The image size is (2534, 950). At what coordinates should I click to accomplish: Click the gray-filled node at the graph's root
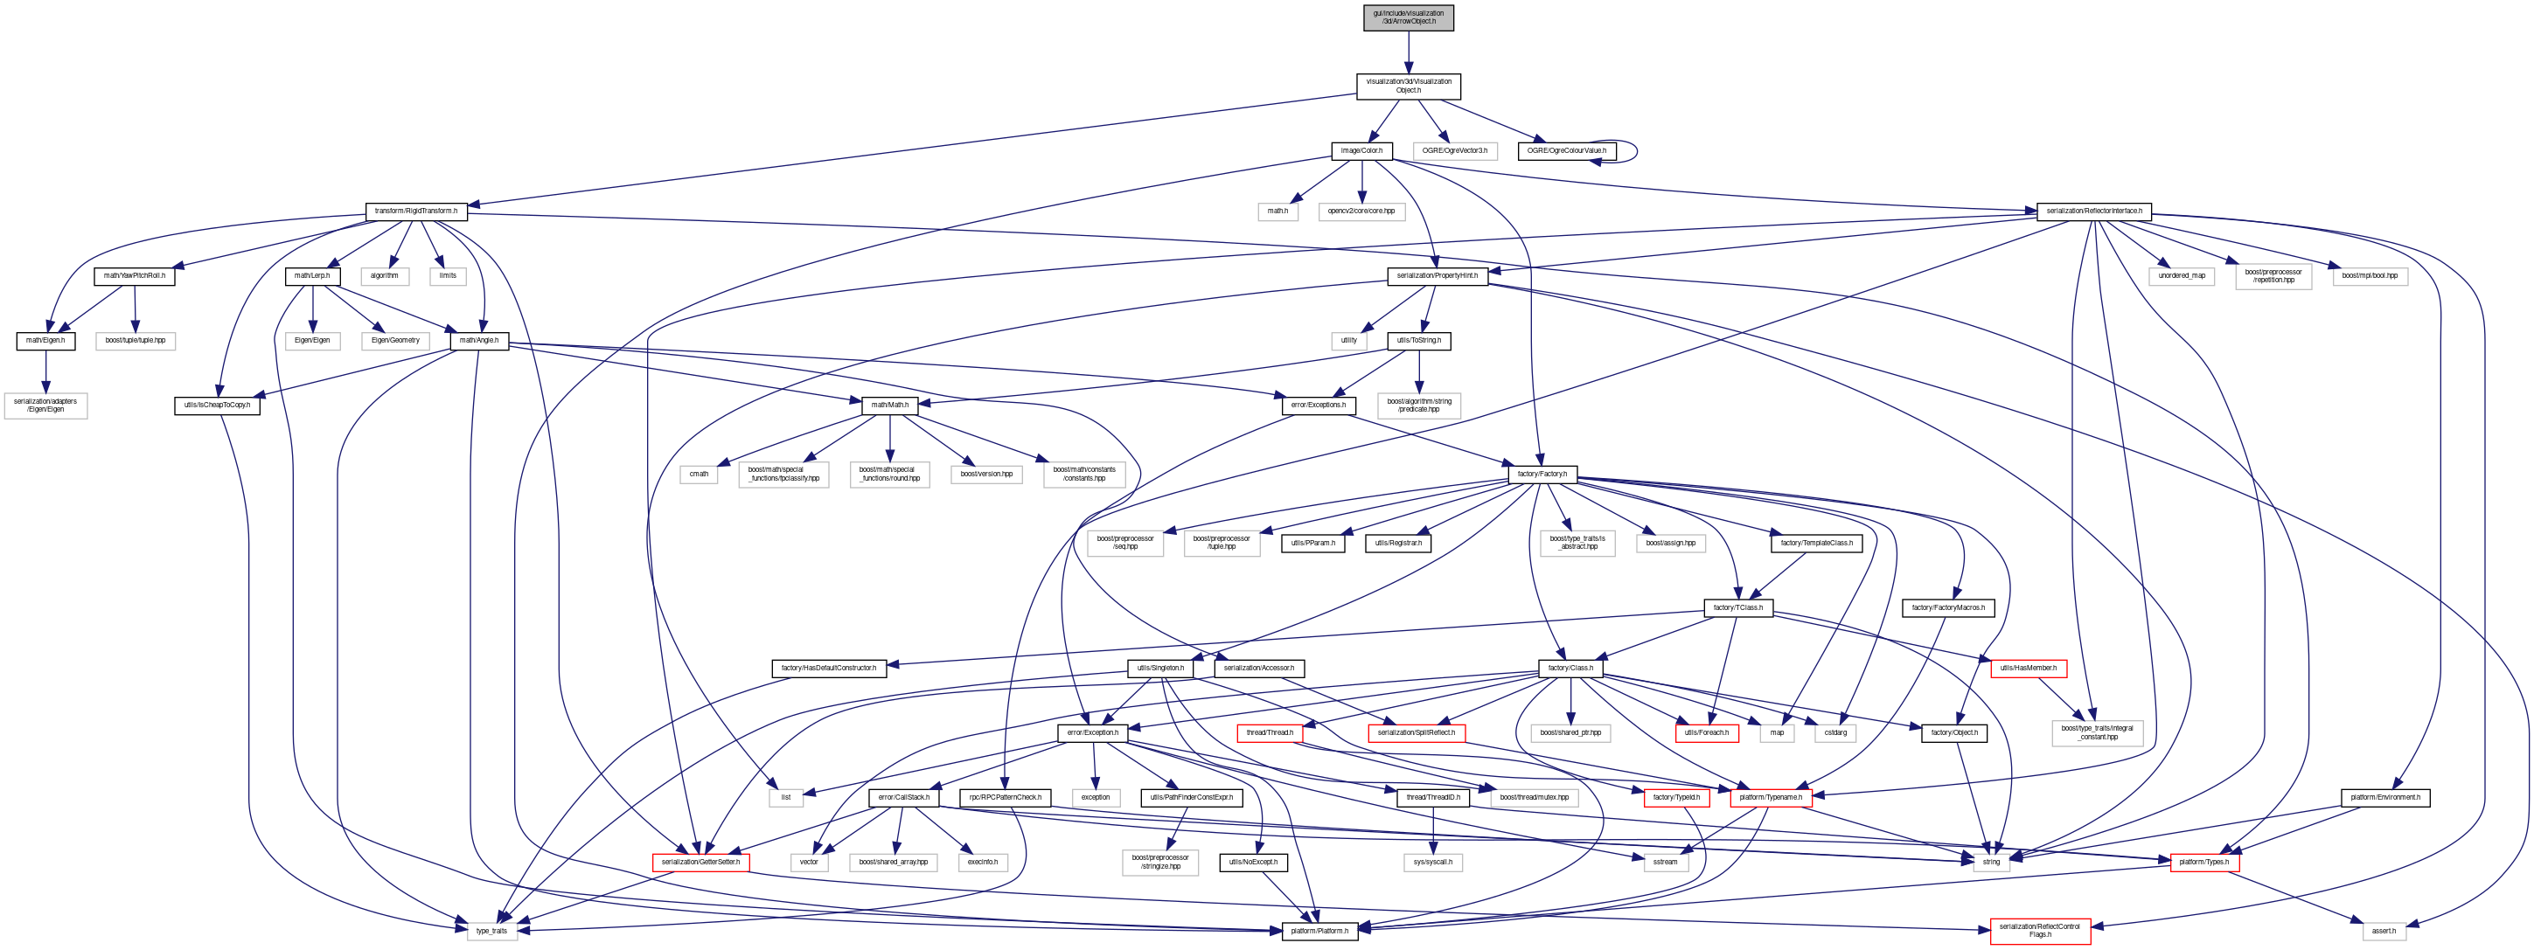[1408, 17]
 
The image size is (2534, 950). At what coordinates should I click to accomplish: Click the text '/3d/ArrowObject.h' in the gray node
[1408, 22]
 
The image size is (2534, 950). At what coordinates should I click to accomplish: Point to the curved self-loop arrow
[1619, 151]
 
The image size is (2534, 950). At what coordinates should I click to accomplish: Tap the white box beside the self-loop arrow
[1455, 151]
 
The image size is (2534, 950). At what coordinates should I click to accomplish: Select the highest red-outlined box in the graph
[2028, 669]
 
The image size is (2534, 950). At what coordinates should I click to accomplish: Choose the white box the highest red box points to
[2096, 733]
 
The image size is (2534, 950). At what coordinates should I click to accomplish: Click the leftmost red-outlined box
[700, 863]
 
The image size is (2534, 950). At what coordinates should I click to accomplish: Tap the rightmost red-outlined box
[2203, 863]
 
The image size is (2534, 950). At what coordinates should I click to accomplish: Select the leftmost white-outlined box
[45, 406]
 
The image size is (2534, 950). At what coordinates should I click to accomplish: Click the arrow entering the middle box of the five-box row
[889, 438]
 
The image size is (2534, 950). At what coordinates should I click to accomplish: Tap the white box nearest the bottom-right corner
[2384, 930]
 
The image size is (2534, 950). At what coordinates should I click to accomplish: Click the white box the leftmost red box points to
[491, 930]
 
